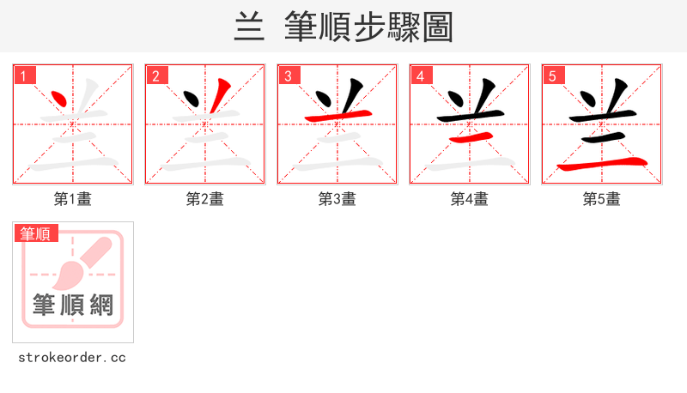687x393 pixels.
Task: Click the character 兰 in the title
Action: [x=249, y=27]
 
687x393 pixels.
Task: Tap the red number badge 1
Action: [x=24, y=76]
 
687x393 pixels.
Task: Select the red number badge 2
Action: [x=156, y=76]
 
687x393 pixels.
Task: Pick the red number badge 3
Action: [x=289, y=76]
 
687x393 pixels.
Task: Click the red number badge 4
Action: [x=421, y=76]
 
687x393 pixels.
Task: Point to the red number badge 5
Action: [x=553, y=76]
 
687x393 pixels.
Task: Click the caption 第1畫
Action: [x=73, y=199]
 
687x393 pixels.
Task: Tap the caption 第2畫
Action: [x=205, y=199]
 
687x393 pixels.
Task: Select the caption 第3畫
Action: [x=337, y=199]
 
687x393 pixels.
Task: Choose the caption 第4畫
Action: [x=470, y=199]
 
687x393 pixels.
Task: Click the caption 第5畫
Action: [x=602, y=199]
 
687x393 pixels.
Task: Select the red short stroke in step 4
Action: [x=470, y=136]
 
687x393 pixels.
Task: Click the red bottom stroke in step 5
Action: [x=601, y=163]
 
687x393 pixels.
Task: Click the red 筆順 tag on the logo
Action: [x=35, y=233]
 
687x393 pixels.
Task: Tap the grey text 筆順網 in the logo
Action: [x=73, y=305]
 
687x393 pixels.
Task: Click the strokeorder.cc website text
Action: [x=72, y=357]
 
